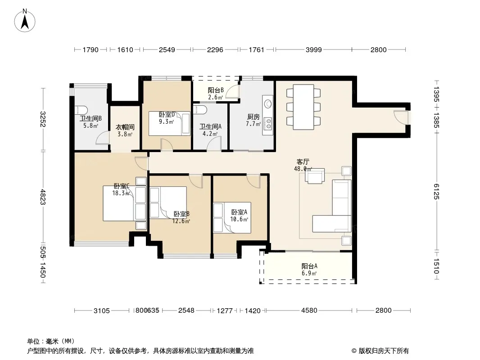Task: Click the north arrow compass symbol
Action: tap(25, 21)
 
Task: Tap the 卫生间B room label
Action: tap(91, 118)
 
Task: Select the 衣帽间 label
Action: tap(125, 127)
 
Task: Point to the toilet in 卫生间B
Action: tap(81, 109)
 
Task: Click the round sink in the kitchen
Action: tap(268, 104)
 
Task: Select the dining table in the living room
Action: tap(303, 107)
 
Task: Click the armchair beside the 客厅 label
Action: tap(315, 176)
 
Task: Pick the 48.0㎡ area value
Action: tap(303, 169)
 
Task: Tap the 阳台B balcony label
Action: tap(216, 90)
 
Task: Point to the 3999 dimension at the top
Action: tap(314, 49)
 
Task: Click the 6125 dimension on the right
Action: tap(436, 191)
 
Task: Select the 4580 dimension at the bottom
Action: tap(309, 310)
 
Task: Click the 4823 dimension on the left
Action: tap(43, 197)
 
